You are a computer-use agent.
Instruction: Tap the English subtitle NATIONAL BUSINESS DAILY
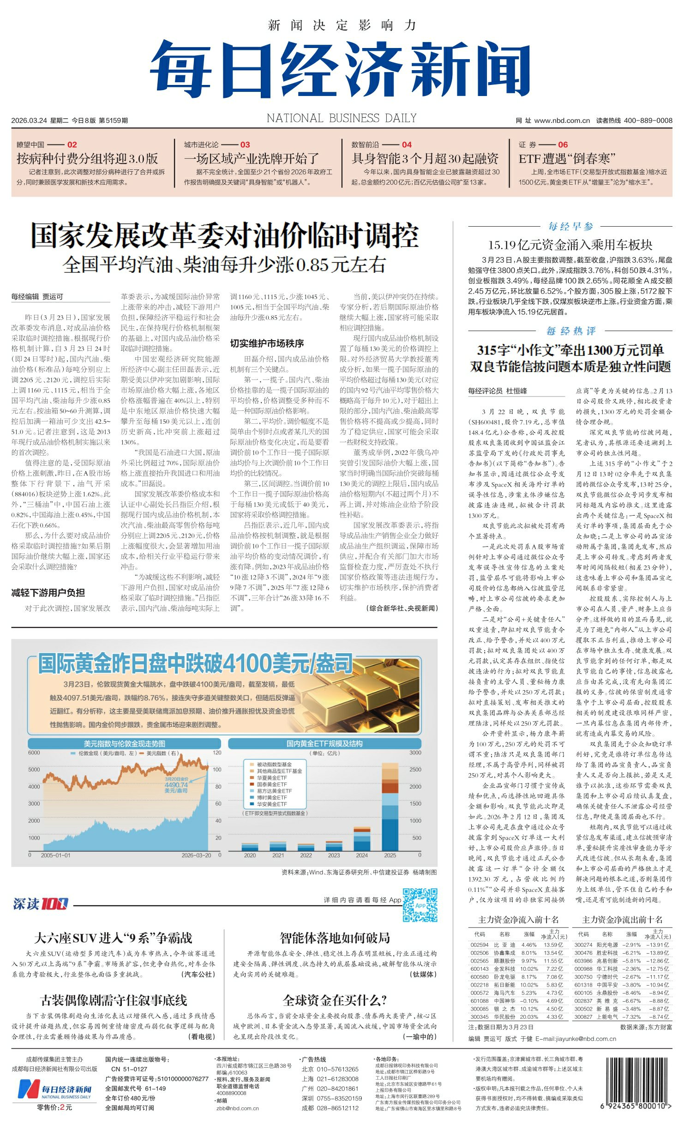click(x=342, y=118)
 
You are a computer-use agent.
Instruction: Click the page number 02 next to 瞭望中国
click(x=72, y=144)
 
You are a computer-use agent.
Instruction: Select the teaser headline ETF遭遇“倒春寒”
click(x=567, y=159)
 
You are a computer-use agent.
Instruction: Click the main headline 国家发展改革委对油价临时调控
click(x=224, y=235)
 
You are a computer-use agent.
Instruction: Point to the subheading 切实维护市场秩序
click(x=267, y=343)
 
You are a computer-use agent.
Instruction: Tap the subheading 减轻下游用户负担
click(x=48, y=593)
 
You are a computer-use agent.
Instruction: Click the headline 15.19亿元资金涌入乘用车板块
click(x=570, y=245)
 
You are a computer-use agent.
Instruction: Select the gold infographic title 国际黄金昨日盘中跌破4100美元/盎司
click(x=195, y=663)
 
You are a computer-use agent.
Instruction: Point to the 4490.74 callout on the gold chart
click(x=176, y=784)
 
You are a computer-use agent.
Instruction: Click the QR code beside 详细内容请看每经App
click(x=420, y=905)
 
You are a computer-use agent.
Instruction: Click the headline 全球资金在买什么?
click(x=335, y=1000)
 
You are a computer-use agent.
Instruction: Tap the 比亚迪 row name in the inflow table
click(x=503, y=945)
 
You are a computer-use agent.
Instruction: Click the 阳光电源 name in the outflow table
click(x=606, y=945)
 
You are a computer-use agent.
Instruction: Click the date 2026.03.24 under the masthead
click(x=29, y=120)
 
